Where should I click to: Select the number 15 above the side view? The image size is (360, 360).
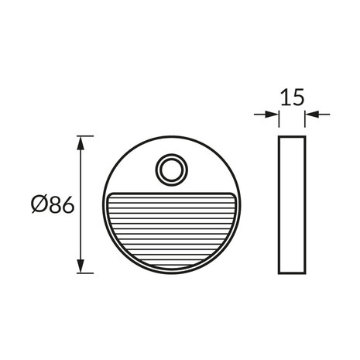click(x=291, y=98)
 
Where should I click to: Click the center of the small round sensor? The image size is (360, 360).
click(x=169, y=170)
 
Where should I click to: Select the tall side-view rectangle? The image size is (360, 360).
click(x=291, y=204)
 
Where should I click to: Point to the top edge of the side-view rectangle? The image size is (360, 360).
click(x=291, y=137)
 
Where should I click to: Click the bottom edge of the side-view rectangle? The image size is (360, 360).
click(x=291, y=273)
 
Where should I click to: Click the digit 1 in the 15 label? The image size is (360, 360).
click(x=284, y=98)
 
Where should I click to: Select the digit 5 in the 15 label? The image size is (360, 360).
click(x=297, y=98)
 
